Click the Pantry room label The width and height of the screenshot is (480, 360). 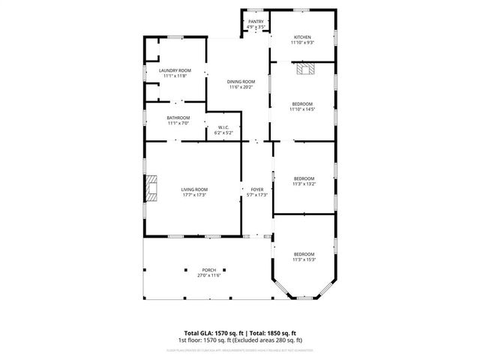click(x=256, y=22)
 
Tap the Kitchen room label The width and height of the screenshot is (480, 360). click(x=302, y=37)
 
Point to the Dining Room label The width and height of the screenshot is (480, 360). click(x=241, y=81)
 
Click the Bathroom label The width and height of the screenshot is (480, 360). click(x=178, y=118)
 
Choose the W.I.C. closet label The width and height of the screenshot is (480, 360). click(x=223, y=127)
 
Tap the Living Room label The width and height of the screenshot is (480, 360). click(x=194, y=189)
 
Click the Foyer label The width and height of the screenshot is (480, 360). click(x=257, y=189)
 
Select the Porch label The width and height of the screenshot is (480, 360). click(x=208, y=270)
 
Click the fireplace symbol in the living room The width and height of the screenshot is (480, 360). click(x=152, y=188)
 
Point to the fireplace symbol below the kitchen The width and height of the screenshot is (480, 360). click(x=304, y=70)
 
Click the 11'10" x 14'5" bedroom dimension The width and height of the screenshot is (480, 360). click(x=302, y=109)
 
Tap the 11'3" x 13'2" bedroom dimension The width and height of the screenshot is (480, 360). click(x=304, y=183)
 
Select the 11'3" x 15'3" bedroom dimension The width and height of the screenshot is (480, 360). click(x=304, y=259)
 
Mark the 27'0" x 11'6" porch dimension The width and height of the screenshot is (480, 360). click(x=208, y=275)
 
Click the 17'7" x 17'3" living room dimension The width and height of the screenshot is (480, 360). click(x=194, y=195)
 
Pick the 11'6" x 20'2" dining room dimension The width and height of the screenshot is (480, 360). click(x=241, y=87)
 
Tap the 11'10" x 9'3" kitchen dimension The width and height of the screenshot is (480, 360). click(x=302, y=43)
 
